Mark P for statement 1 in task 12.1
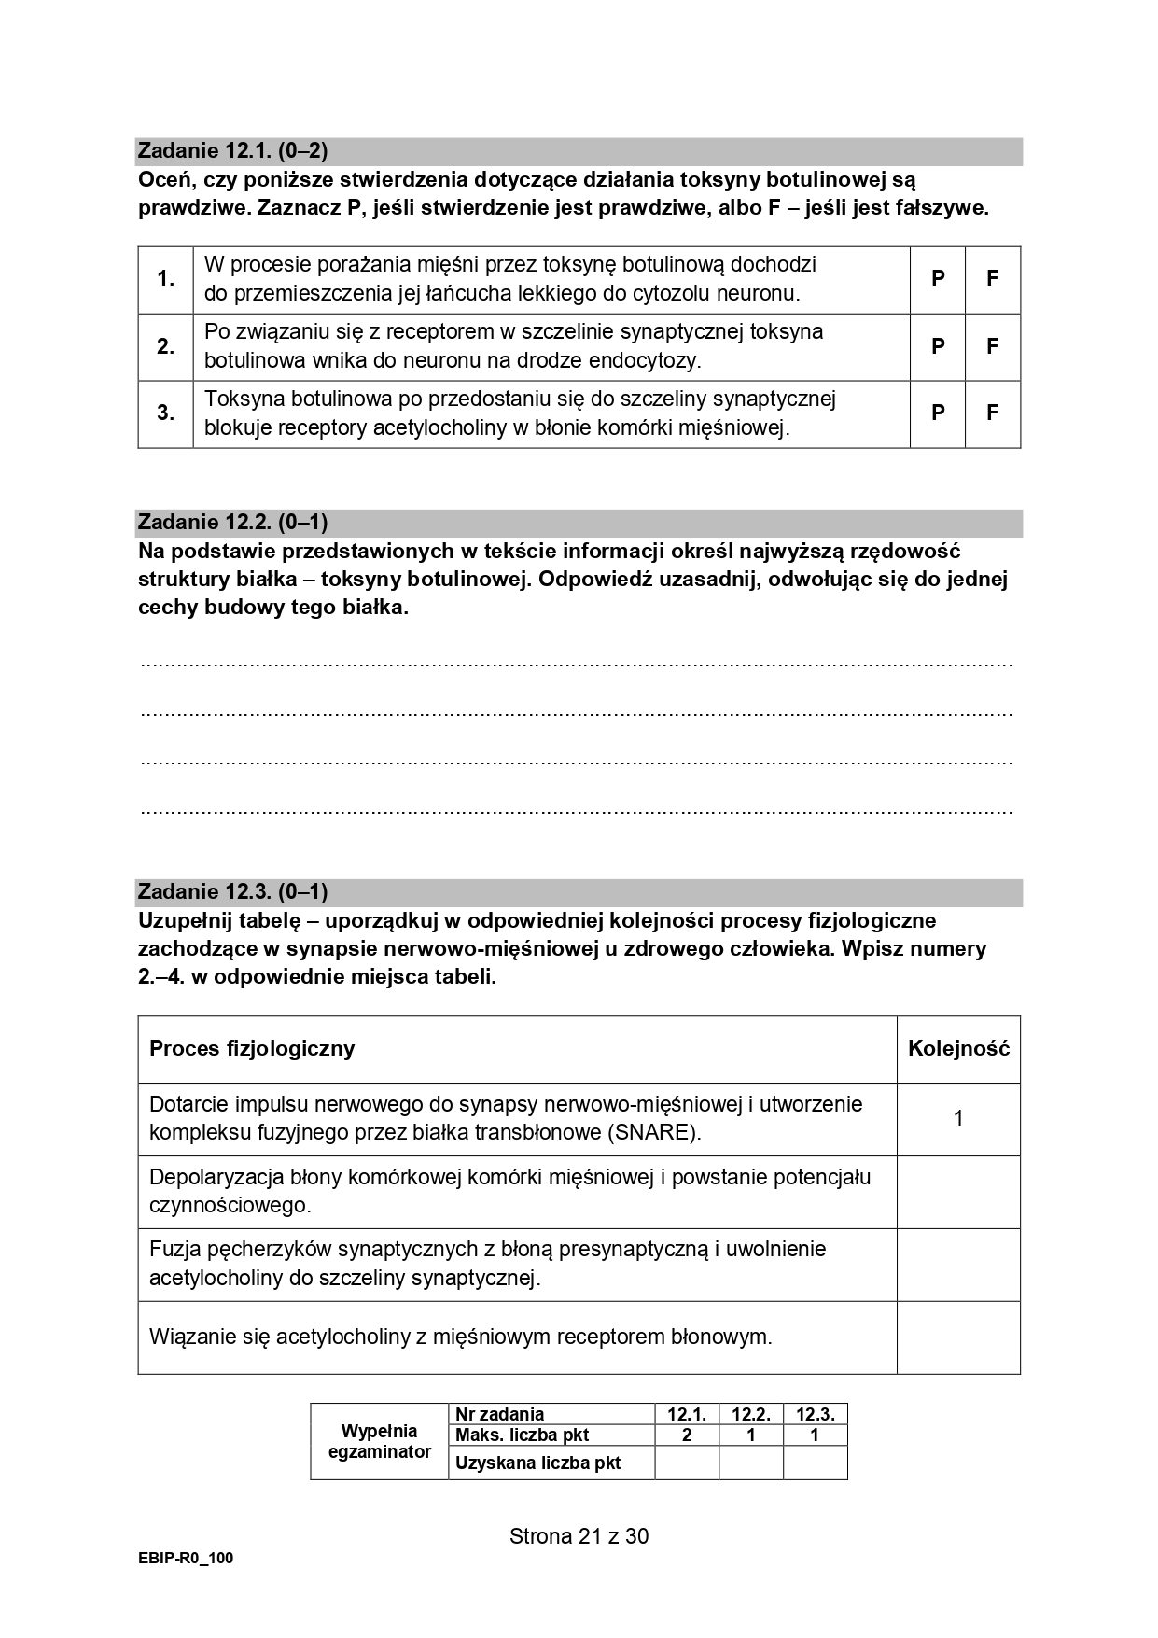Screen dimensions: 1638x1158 [x=938, y=278]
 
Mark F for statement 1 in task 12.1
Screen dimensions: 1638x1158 [x=993, y=278]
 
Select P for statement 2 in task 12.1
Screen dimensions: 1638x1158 [x=938, y=346]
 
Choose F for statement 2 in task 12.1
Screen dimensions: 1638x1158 [x=993, y=346]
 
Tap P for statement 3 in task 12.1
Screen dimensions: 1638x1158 [x=938, y=413]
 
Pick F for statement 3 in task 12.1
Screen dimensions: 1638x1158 [x=993, y=413]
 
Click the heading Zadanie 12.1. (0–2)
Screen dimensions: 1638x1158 [x=232, y=150]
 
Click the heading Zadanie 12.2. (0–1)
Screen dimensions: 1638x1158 [x=232, y=522]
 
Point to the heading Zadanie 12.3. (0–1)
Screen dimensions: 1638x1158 [x=232, y=891]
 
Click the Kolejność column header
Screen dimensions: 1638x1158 [x=958, y=1048]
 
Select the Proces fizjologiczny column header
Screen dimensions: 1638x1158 [x=252, y=1048]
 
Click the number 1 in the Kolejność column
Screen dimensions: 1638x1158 [x=958, y=1118]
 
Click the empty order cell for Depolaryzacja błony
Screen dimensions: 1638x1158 [x=958, y=1191]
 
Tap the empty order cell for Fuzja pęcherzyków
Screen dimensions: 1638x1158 [x=958, y=1264]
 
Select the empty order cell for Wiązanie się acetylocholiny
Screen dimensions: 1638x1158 [x=958, y=1337]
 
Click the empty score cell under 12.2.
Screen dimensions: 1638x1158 [x=750, y=1463]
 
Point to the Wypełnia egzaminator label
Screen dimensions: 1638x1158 [x=380, y=1441]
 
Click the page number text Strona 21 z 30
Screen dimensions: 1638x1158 [x=579, y=1535]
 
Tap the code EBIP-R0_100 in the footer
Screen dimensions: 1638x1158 [x=185, y=1558]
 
